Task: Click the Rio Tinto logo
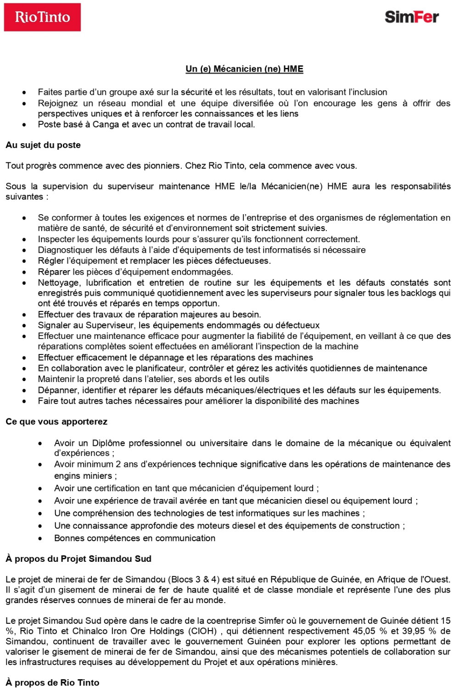[x=42, y=17]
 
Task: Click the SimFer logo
[x=411, y=17]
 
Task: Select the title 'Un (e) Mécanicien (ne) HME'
[x=244, y=69]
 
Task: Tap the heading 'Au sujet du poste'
[x=43, y=145]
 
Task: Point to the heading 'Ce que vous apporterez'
[x=56, y=421]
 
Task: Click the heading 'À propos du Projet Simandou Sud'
[x=78, y=559]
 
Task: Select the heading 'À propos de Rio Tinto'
[x=52, y=682]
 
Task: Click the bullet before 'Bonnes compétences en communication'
[x=41, y=538]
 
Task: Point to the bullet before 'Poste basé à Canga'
[x=24, y=125]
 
